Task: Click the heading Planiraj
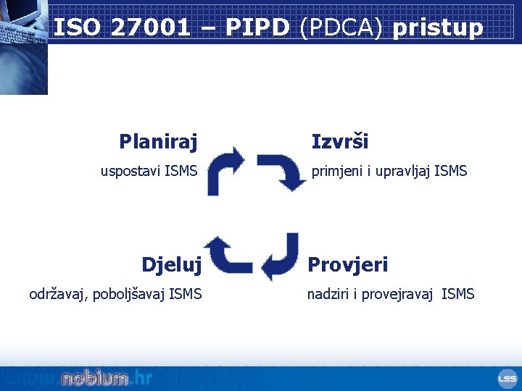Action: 158,141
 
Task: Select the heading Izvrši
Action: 340,141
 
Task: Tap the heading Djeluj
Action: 172,264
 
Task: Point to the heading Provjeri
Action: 348,264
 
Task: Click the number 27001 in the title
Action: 151,28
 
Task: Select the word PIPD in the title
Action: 258,28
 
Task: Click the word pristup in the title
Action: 437,28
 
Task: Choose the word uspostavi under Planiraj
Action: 130,172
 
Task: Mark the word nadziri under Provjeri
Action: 328,294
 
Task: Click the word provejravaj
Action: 397,294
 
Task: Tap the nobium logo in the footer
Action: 94,378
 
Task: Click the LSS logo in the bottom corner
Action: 507,378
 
